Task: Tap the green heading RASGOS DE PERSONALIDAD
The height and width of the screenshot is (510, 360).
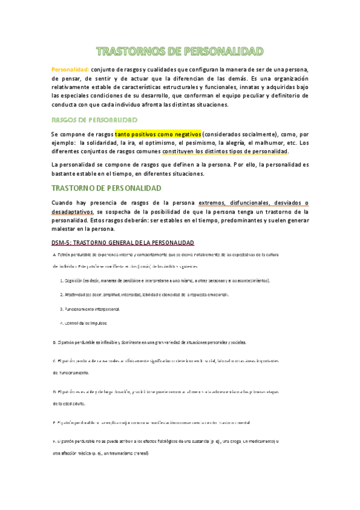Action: pyautogui.click(x=95, y=120)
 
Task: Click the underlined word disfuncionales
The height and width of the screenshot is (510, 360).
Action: pyautogui.click(x=245, y=203)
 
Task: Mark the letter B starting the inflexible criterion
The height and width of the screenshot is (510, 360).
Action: pyautogui.click(x=54, y=342)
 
